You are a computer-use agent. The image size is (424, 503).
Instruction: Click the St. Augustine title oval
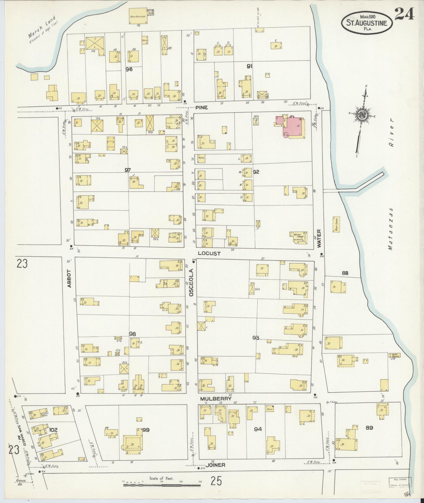point(367,23)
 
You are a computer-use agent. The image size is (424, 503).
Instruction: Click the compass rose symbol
point(362,114)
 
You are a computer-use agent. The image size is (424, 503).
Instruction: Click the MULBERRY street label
point(216,406)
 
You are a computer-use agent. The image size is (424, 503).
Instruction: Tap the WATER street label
point(319,238)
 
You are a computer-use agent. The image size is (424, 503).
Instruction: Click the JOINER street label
point(215,465)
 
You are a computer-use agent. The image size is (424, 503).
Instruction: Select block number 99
point(146,430)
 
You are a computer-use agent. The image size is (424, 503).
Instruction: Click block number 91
point(249,67)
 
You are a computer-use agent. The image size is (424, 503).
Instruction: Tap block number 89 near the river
point(369,428)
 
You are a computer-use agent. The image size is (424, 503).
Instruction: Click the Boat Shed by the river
point(336,224)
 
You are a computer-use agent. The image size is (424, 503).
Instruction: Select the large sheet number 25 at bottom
point(216,481)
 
